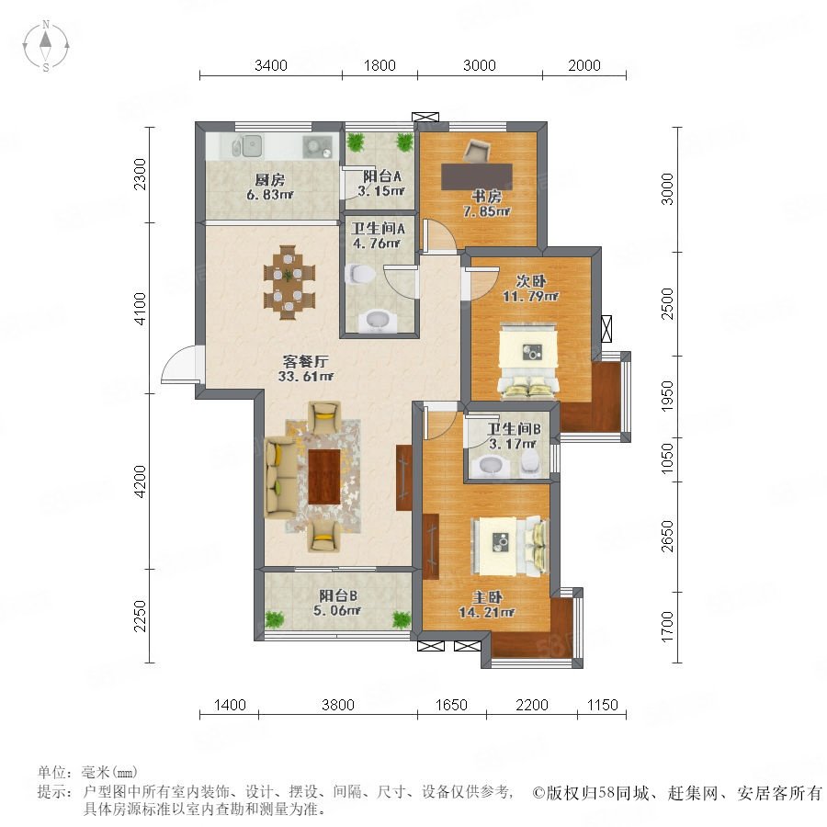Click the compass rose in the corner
click(46, 46)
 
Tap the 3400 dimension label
click(270, 65)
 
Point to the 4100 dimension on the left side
click(140, 308)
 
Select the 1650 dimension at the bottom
click(451, 705)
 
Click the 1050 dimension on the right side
click(667, 459)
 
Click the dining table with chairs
click(289, 282)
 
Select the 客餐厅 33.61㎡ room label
click(305, 368)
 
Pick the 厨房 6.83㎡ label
click(270, 187)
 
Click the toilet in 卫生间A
click(359, 274)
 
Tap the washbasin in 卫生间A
click(378, 320)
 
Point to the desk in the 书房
click(477, 176)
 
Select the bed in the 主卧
click(509, 545)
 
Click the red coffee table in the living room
click(323, 476)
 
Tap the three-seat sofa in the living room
click(281, 477)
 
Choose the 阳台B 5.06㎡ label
click(337, 603)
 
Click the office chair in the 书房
click(477, 151)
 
